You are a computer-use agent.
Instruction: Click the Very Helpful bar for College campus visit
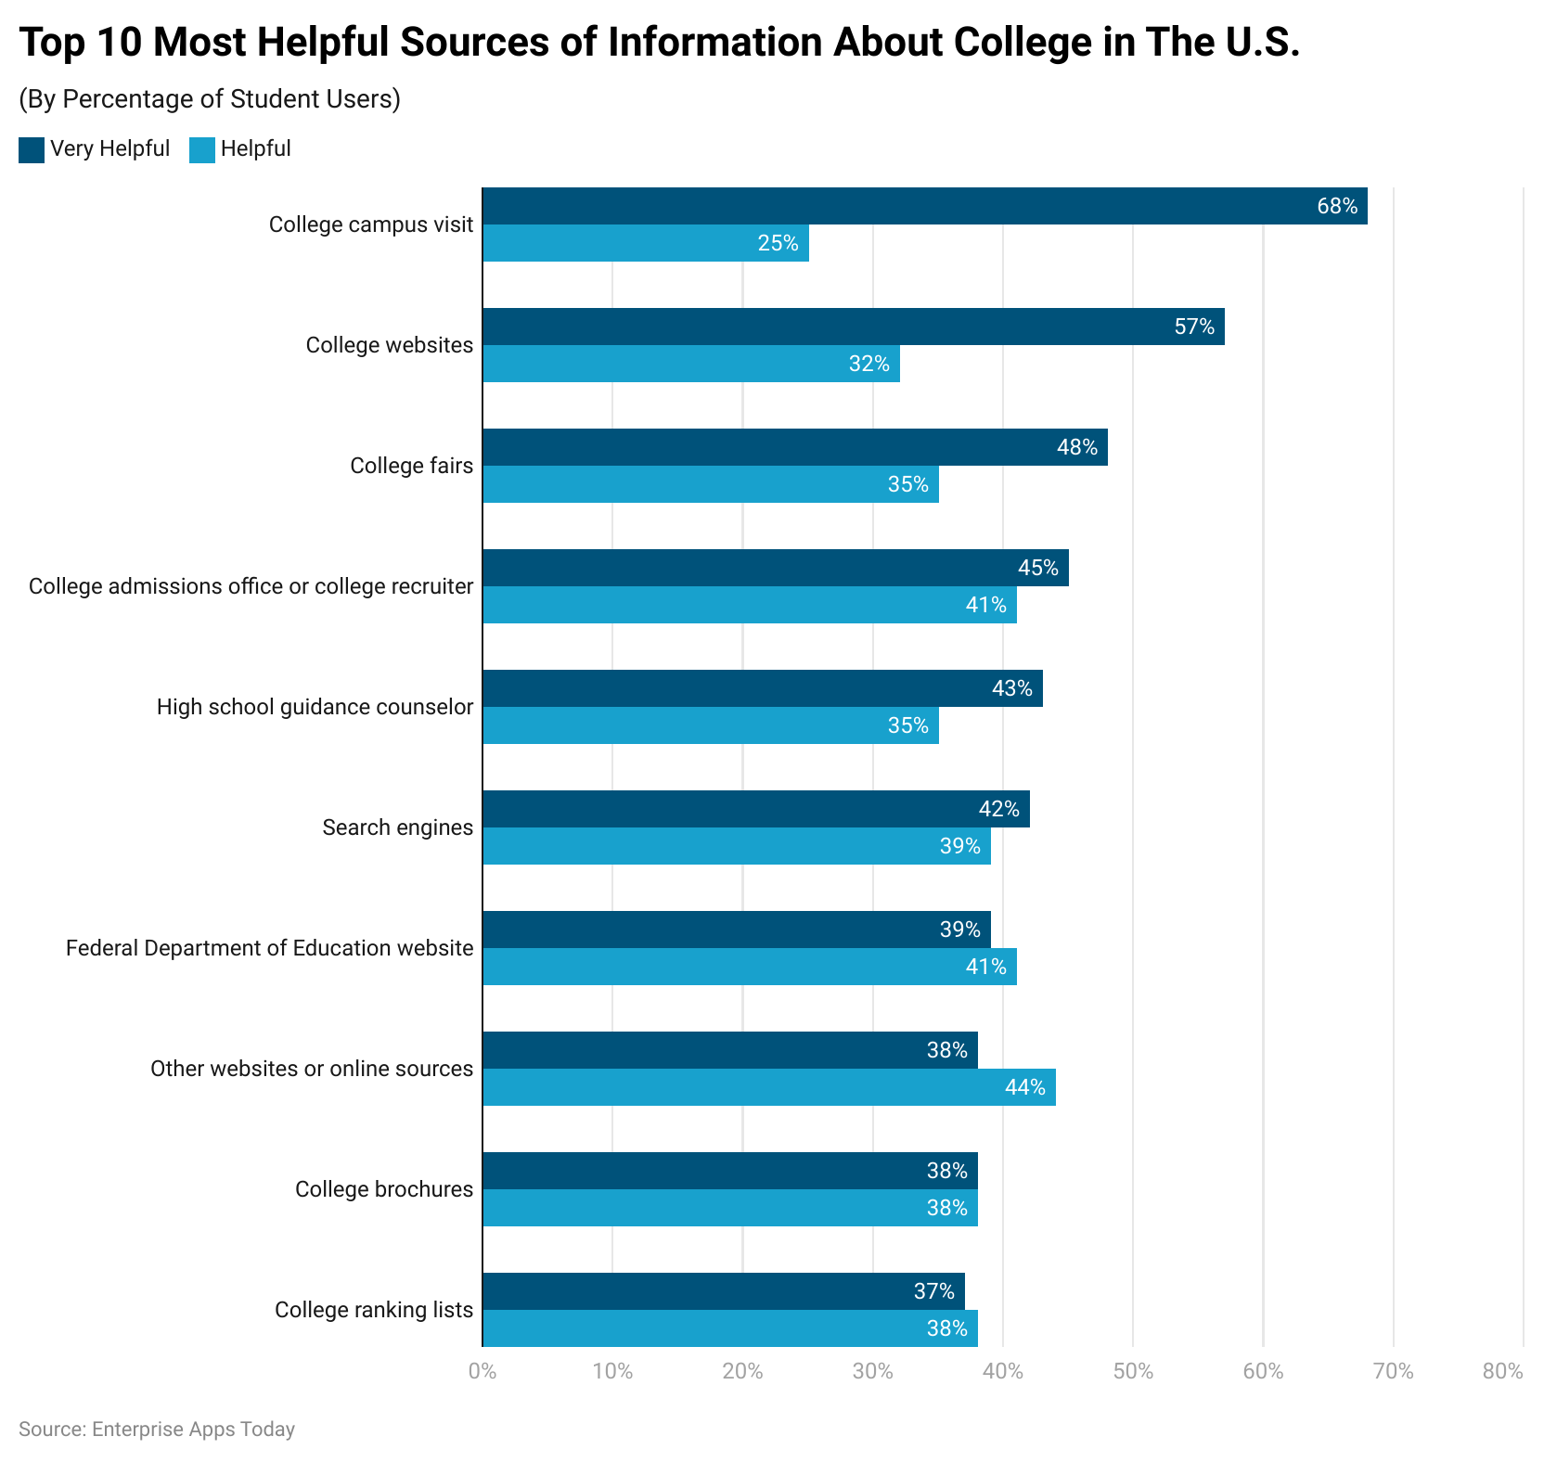point(924,206)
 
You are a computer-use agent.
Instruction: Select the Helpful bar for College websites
point(691,364)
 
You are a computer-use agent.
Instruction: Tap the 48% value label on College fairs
point(1076,447)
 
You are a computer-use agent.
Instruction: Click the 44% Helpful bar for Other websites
point(768,1087)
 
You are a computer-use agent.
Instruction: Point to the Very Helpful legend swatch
point(32,149)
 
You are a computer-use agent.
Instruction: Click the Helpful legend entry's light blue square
point(201,149)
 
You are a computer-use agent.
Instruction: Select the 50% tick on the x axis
point(1133,1371)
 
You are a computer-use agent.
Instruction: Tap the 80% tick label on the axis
point(1502,1371)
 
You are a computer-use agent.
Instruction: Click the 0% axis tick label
point(482,1371)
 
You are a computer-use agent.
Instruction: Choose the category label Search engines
point(397,827)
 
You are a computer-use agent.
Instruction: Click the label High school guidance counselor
point(315,707)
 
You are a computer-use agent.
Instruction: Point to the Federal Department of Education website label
point(269,948)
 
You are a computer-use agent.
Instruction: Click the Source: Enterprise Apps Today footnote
point(157,1429)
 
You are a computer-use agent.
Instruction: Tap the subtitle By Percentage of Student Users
point(210,98)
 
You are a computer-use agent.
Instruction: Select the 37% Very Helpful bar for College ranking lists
point(723,1291)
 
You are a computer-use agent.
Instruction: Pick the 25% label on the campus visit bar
point(778,243)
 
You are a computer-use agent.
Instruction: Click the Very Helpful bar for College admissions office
point(775,568)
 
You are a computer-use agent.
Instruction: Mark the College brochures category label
point(383,1189)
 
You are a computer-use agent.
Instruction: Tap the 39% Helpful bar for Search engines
point(736,846)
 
